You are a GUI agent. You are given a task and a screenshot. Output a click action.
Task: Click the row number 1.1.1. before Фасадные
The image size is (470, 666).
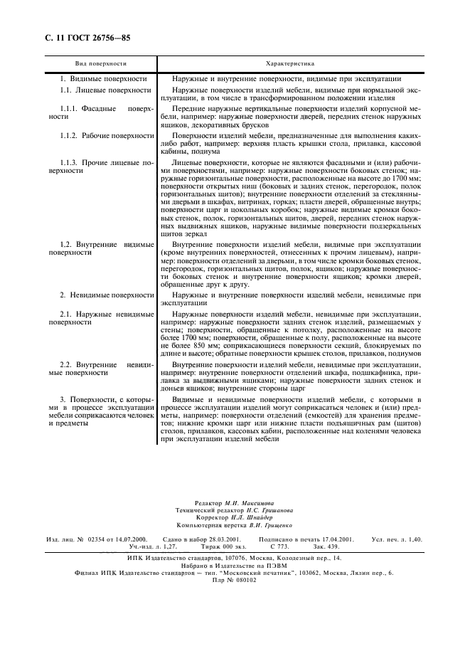click(72, 108)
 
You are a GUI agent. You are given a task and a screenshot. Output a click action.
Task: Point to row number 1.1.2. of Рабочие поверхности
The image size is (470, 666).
click(72, 134)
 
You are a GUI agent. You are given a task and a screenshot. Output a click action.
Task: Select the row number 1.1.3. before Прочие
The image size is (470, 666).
click(72, 163)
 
